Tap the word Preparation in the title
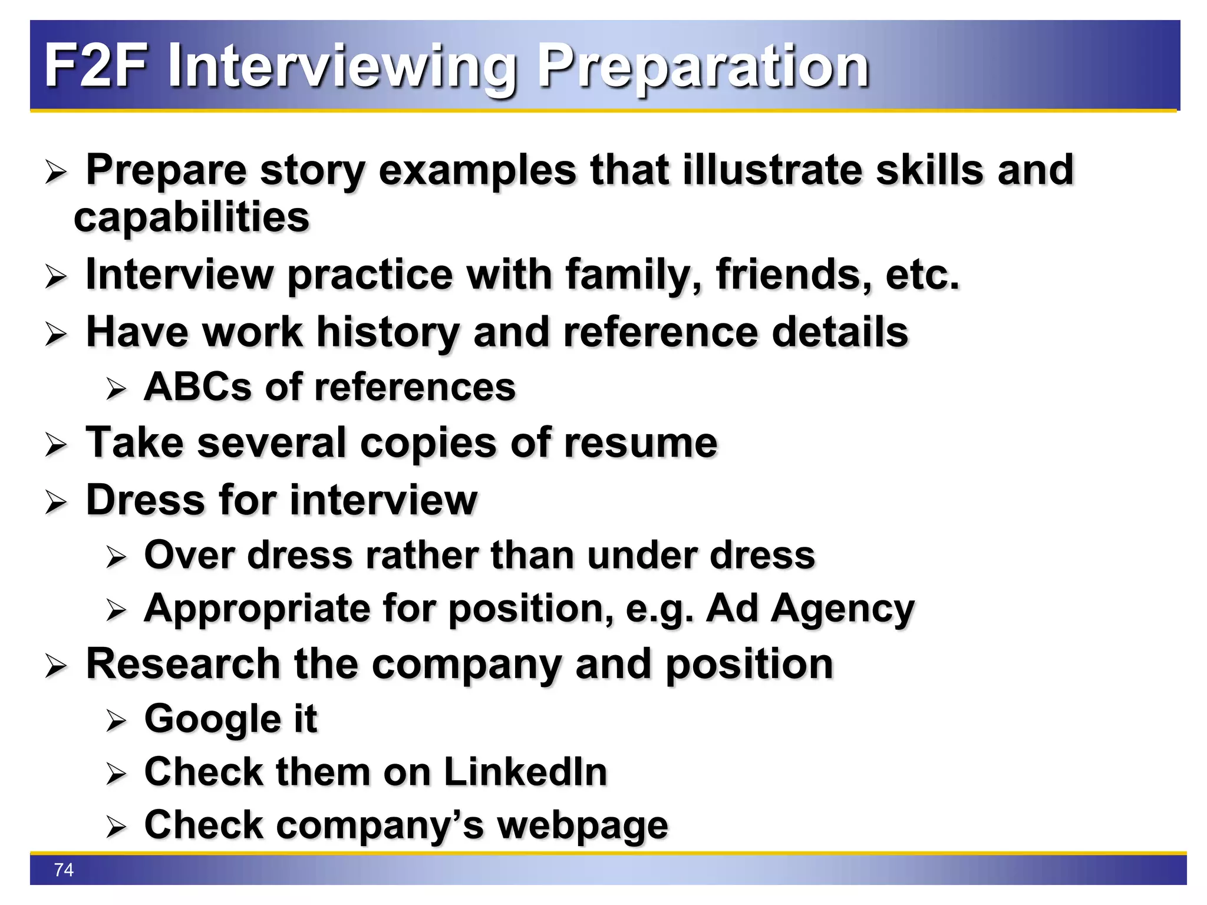(704, 66)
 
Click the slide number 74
(64, 870)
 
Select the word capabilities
(192, 217)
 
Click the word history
(388, 332)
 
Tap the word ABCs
(197, 387)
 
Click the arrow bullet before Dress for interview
(56, 502)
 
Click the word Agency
(843, 609)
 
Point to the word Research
(183, 664)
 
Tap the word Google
(213, 719)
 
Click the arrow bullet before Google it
(116, 721)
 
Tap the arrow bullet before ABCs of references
(116, 389)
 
